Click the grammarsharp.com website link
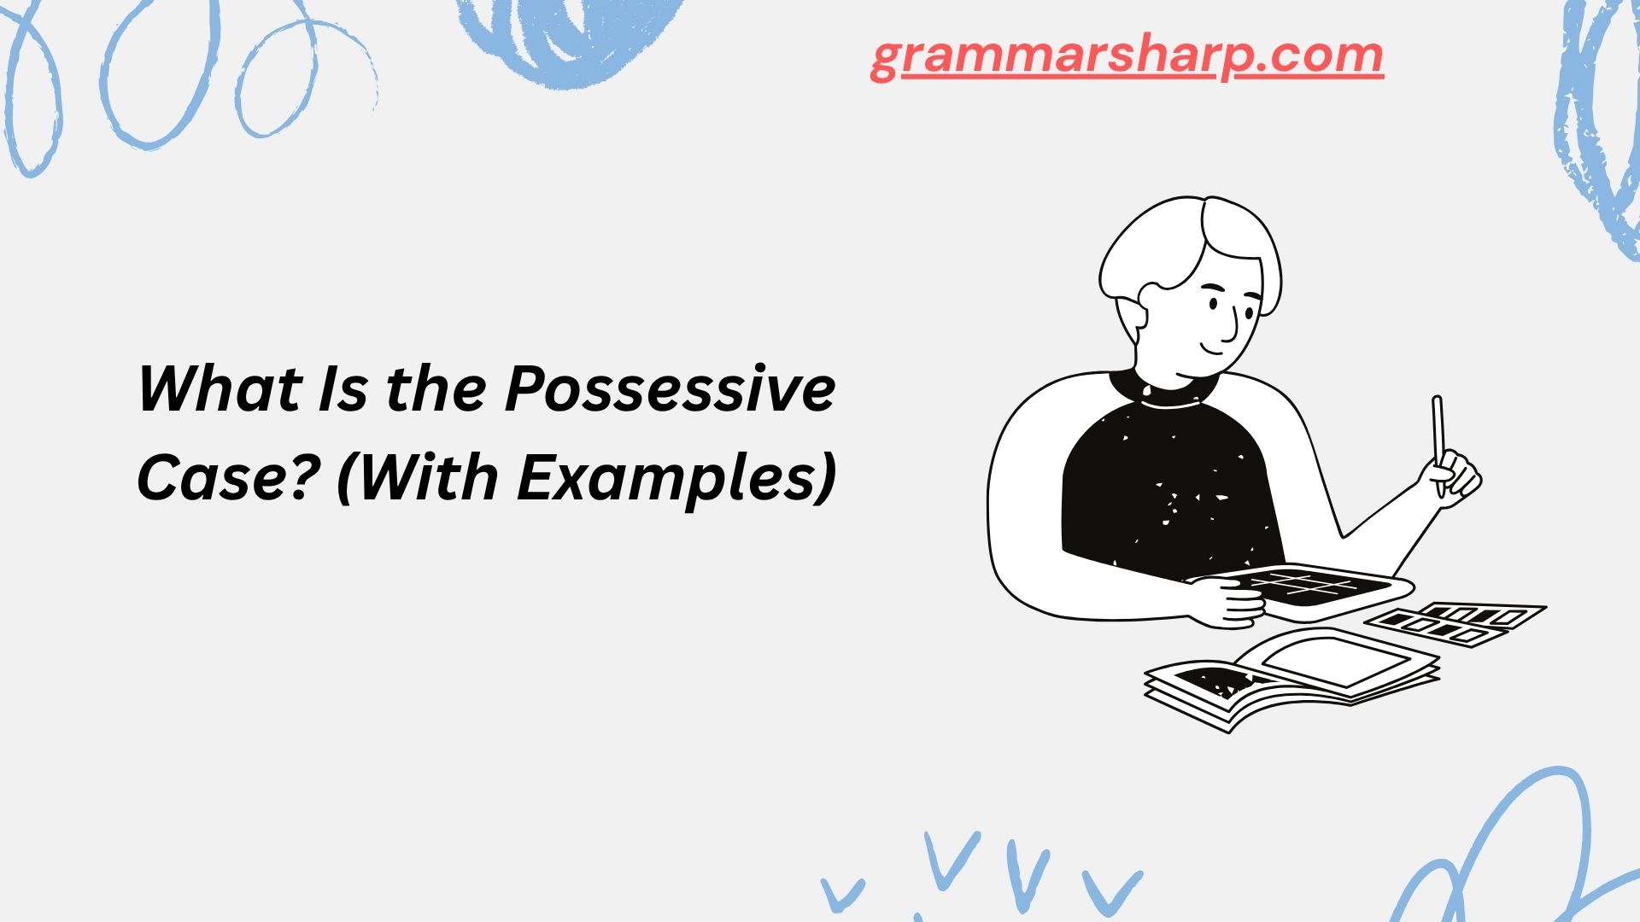click(x=1127, y=56)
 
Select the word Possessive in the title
click(x=670, y=388)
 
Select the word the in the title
click(x=436, y=388)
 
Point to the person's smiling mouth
click(x=1215, y=351)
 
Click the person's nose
click(x=1231, y=324)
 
